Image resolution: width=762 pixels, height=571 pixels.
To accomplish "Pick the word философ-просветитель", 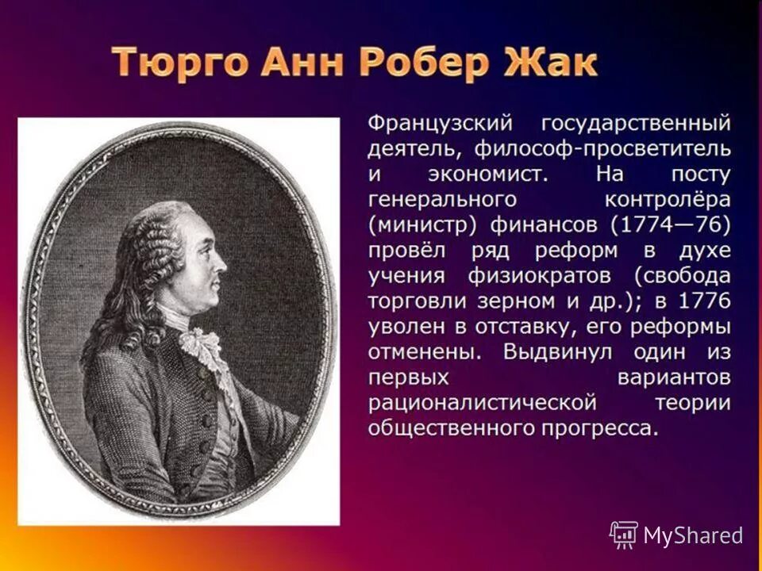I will [x=602, y=148].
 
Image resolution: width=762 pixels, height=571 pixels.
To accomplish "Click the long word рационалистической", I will [x=482, y=403].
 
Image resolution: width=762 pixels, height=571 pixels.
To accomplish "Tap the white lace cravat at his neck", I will [x=198, y=345].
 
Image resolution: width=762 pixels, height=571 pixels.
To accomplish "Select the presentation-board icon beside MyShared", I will [x=624, y=535].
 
